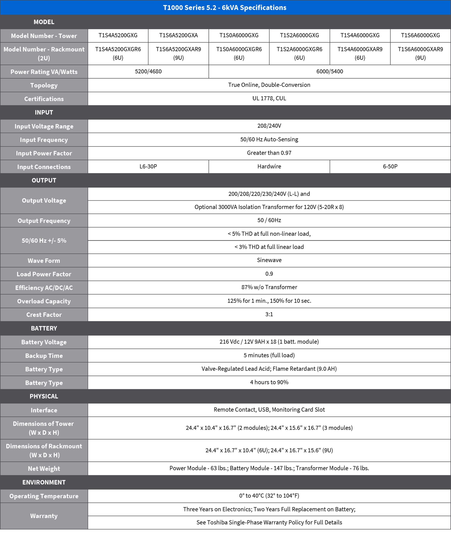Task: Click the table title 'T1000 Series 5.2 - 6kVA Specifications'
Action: click(225, 7)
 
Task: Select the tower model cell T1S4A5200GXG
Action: click(118, 35)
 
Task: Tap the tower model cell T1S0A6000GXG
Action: click(239, 35)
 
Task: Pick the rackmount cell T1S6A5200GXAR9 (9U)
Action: click(178, 53)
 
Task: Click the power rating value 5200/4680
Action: click(148, 71)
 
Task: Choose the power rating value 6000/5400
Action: click(329, 71)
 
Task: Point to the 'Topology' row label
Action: click(44, 85)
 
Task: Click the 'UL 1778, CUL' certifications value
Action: click(269, 98)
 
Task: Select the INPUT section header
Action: click(44, 112)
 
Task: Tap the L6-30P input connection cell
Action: click(148, 167)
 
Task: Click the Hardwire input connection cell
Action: click(269, 167)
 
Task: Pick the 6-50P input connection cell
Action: click(390, 167)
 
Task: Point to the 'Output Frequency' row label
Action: click(44, 221)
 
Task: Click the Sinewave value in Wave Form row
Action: click(269, 260)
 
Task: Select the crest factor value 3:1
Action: click(269, 314)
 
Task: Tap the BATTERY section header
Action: click(44, 328)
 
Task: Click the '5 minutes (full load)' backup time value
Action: click(269, 355)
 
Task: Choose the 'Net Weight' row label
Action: click(44, 469)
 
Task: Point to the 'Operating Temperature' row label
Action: click(44, 496)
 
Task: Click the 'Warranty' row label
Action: click(44, 516)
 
